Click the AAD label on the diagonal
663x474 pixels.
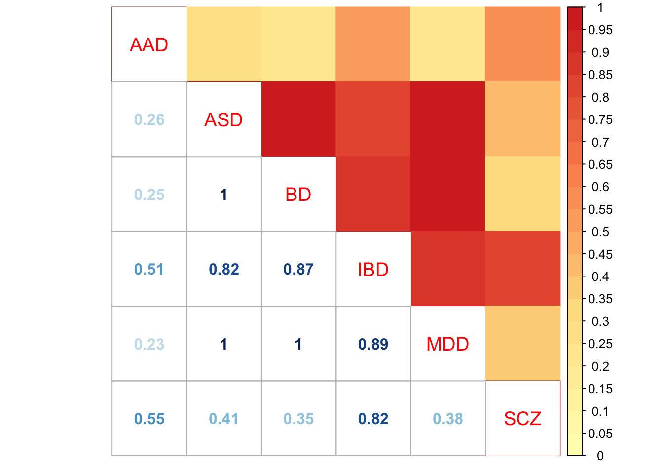pos(149,45)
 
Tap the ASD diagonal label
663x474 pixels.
pos(223,120)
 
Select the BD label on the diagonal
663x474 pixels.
pos(298,195)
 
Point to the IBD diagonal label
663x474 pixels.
pos(373,270)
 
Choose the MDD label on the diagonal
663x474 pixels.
pos(447,344)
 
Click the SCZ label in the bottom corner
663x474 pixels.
pos(522,419)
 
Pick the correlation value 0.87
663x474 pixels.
pos(298,270)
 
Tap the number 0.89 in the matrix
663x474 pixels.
pos(373,344)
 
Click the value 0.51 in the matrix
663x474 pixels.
pos(149,270)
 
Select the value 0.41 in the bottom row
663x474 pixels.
pos(223,419)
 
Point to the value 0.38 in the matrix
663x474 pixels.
pos(447,419)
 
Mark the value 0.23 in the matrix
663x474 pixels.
pos(149,344)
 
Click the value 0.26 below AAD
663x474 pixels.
pos(149,120)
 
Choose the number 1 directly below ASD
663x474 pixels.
pos(223,195)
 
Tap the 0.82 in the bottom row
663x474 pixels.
pos(373,419)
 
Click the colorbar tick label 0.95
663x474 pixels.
pos(600,30)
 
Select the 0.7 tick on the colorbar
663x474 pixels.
pos(600,142)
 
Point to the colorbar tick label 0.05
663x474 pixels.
pos(600,434)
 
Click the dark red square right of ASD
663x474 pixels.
pos(298,119)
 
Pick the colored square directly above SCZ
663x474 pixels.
pos(522,343)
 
